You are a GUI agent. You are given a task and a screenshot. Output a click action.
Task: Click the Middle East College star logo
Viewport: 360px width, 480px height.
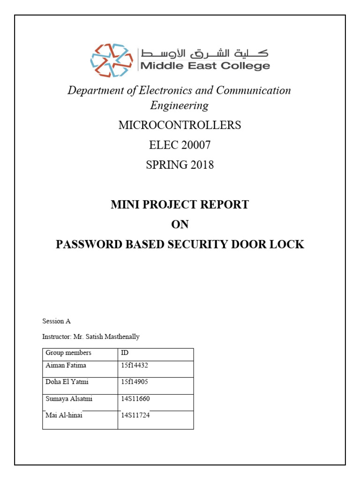[x=112, y=60]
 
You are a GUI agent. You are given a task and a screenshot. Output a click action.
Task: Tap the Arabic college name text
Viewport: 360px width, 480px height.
[x=205, y=52]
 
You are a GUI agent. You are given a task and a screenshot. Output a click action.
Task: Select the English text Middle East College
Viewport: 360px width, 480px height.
[x=205, y=66]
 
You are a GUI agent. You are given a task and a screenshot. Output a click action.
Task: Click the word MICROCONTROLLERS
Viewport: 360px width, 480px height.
[x=180, y=125]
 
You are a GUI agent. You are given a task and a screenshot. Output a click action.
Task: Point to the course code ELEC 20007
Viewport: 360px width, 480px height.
[x=180, y=145]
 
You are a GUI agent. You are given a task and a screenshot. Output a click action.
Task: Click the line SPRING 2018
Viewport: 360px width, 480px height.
[x=180, y=165]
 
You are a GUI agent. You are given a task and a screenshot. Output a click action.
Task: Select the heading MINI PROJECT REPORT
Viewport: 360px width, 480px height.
[x=180, y=204]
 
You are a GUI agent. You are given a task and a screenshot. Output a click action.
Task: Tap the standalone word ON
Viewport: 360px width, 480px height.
[x=180, y=225]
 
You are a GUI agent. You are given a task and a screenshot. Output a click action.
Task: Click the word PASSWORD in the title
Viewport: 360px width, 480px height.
[x=83, y=244]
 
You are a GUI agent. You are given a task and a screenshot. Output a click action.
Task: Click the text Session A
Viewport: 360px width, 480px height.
[x=56, y=321]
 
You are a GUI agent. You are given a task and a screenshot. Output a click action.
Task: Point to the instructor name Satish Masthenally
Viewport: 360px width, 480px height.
[x=116, y=337]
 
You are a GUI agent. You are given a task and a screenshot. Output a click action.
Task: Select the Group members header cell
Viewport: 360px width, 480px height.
[x=68, y=352]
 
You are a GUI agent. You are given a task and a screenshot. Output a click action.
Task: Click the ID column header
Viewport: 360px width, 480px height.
[x=125, y=352]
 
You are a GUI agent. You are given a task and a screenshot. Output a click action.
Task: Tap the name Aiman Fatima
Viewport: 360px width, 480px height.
[x=66, y=365]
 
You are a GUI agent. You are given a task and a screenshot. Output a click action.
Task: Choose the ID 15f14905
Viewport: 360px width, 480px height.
[x=135, y=382]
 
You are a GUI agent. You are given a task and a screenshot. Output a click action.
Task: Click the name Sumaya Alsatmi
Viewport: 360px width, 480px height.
[x=68, y=398]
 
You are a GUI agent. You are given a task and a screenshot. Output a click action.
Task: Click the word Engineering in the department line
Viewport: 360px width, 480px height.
[x=180, y=105]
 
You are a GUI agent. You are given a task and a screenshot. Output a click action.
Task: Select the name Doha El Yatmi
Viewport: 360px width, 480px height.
[x=67, y=382]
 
